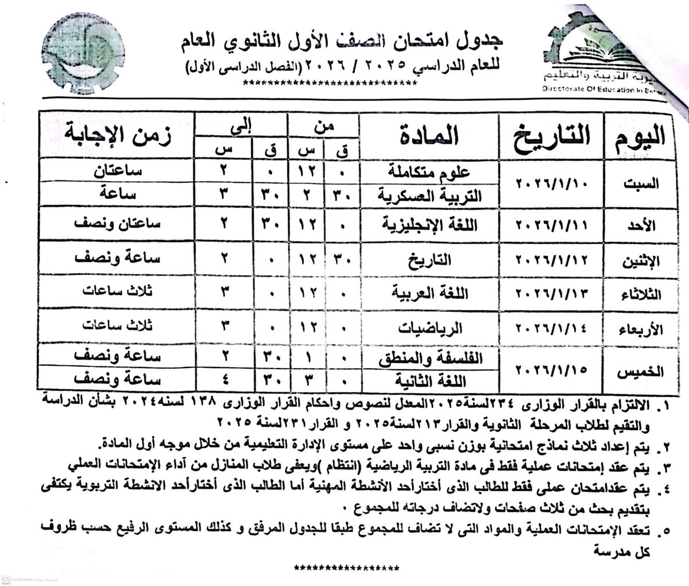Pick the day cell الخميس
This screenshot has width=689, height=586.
640,372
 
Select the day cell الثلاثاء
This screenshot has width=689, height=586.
640,295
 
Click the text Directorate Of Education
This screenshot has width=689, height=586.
609,91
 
